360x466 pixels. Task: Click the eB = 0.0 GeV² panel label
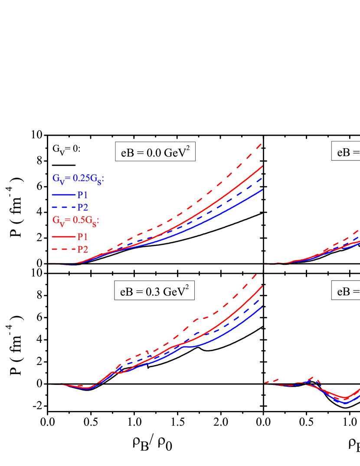155,151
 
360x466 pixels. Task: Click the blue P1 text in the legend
82,195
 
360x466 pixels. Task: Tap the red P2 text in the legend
82,249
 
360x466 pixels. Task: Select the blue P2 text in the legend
82,207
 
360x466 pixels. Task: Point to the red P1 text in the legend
82,237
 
